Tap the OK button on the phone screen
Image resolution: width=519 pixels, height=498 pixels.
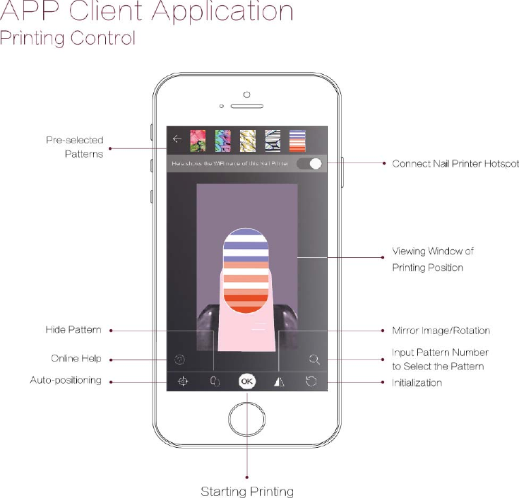pos(246,381)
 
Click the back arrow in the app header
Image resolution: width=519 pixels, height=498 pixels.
pos(177,139)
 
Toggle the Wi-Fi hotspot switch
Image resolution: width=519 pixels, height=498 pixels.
pos(310,164)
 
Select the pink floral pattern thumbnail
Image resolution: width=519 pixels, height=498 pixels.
pos(198,139)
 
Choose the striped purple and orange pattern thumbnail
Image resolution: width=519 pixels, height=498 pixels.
pos(297,139)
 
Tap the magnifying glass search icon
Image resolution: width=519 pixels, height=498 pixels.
pos(315,359)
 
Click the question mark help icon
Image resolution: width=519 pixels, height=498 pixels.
pos(179,359)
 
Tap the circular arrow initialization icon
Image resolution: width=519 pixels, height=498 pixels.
pos(311,382)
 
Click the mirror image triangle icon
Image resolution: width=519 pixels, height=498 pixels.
pos(279,382)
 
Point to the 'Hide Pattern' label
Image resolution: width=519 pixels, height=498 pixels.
pos(73,330)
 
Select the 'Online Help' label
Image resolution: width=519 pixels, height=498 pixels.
pos(76,359)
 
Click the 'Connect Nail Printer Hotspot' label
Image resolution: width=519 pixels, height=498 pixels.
pos(455,164)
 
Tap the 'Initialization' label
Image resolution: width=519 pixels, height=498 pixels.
pos(417,383)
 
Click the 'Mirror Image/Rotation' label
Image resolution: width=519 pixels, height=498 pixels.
pos(441,330)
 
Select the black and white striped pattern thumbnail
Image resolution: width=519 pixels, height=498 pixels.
pos(273,139)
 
